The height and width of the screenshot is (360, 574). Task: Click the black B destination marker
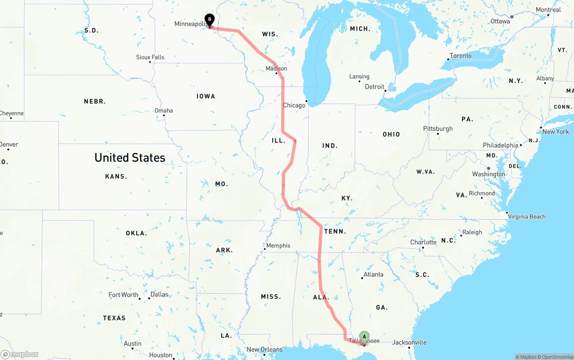click(x=209, y=20)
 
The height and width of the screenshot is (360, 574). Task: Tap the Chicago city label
click(x=294, y=105)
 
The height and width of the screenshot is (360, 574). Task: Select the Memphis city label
click(x=278, y=246)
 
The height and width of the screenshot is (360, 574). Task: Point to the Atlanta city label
click(x=373, y=274)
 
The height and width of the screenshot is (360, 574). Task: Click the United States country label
click(x=130, y=158)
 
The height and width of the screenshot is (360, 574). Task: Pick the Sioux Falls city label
click(x=150, y=57)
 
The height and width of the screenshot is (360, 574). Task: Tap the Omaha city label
click(x=164, y=111)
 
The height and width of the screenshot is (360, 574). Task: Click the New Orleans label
click(x=265, y=350)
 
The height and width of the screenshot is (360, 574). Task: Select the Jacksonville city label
click(x=409, y=343)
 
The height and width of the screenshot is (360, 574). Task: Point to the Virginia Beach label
click(x=526, y=217)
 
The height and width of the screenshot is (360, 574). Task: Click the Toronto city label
click(x=461, y=56)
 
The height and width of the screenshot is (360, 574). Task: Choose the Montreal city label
click(x=548, y=10)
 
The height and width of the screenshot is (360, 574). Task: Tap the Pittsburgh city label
click(x=438, y=129)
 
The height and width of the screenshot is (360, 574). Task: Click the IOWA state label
click(x=206, y=96)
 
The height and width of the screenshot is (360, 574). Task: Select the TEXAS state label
click(x=114, y=318)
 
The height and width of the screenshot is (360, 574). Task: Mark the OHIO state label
click(x=391, y=134)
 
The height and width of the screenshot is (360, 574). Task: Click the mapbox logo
click(x=20, y=354)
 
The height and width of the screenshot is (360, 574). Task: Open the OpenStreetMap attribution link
click(x=556, y=357)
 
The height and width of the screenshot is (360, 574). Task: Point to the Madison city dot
click(x=277, y=73)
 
